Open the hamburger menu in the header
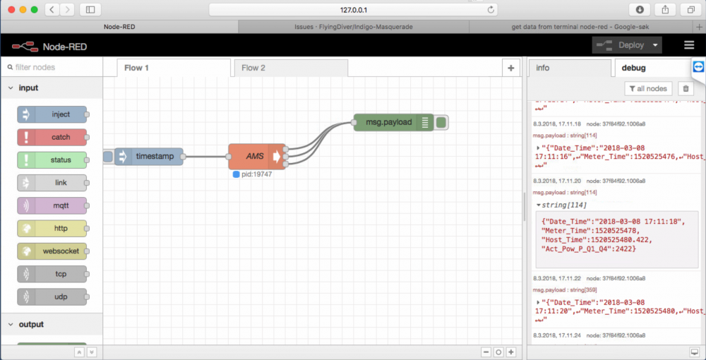click(689, 45)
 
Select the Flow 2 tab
click(253, 68)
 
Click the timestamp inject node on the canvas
click(149, 156)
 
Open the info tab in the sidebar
click(543, 68)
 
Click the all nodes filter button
click(647, 89)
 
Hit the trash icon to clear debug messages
click(684, 89)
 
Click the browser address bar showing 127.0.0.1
click(353, 10)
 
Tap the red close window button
click(9, 10)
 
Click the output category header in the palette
click(31, 325)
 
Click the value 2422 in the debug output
click(623, 248)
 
